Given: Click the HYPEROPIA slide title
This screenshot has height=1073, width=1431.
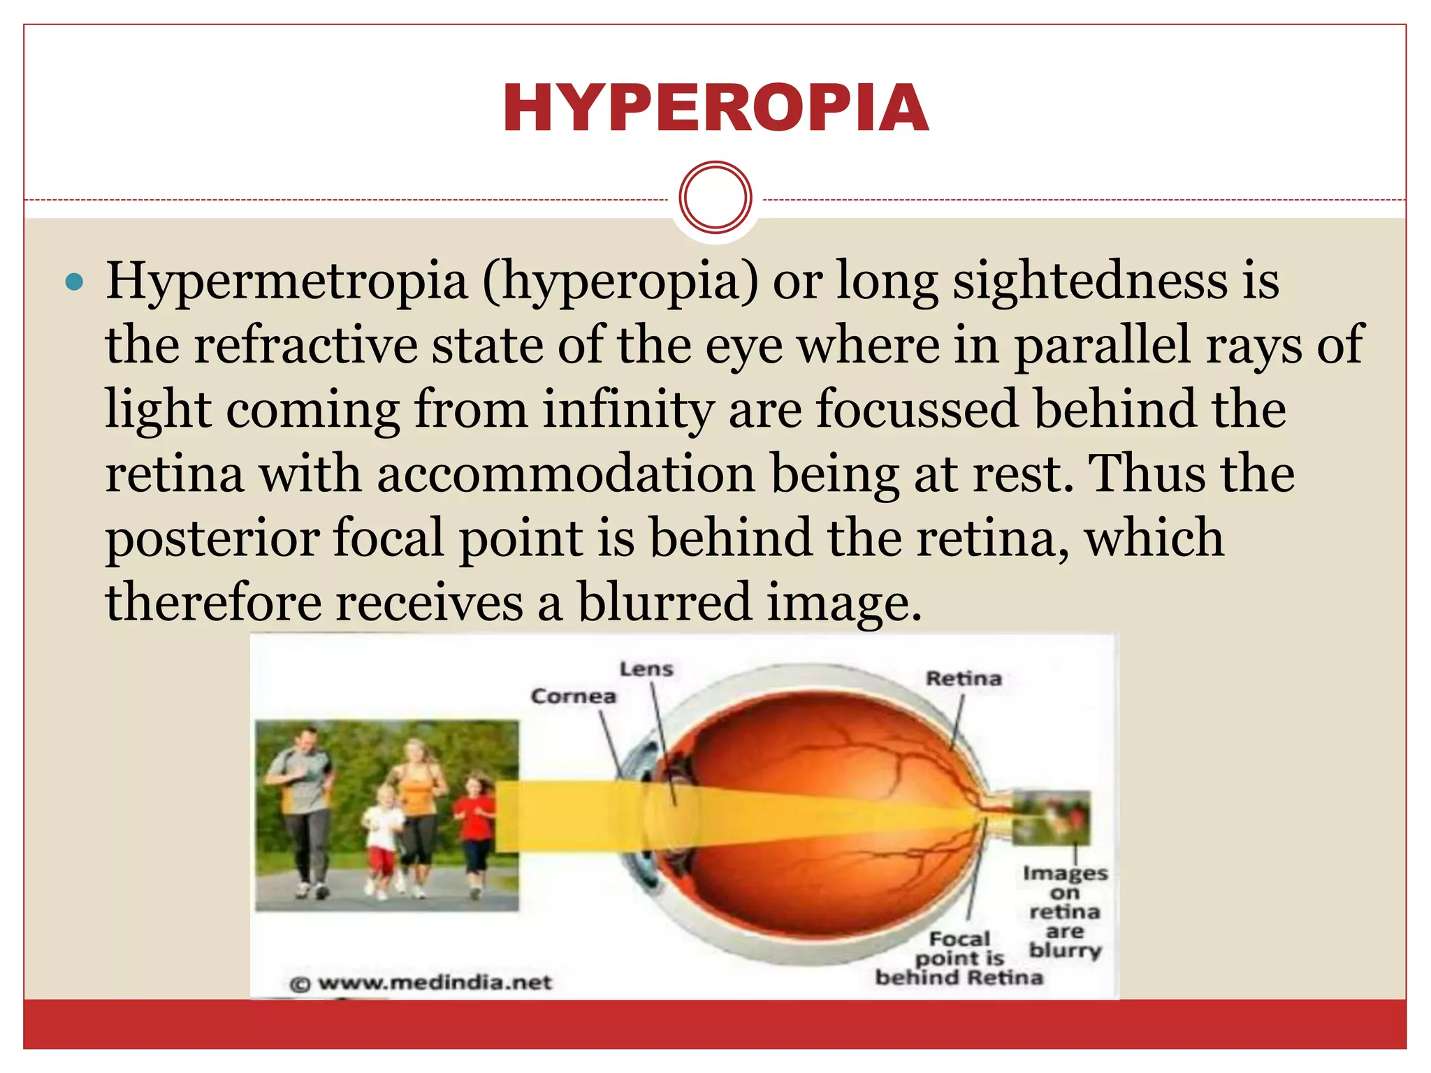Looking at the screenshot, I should [715, 108].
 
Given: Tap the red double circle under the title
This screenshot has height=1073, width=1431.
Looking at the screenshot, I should [715, 197].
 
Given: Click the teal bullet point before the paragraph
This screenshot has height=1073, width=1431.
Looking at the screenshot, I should [73, 282].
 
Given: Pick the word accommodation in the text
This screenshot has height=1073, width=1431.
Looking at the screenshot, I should [567, 474].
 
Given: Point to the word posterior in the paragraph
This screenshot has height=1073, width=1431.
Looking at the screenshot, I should [212, 539].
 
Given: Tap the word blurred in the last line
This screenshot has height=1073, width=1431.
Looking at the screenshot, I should [664, 602].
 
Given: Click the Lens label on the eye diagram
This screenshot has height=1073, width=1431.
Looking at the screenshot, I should [646, 669].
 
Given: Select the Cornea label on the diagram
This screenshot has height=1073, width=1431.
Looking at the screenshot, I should [574, 696].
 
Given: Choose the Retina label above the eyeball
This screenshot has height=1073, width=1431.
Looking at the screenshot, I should [964, 678].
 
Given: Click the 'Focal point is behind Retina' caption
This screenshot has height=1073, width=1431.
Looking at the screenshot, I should [959, 958].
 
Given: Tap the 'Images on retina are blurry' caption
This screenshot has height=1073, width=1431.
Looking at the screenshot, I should [1065, 912].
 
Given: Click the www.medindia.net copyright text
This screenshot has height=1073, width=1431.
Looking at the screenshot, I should [421, 983].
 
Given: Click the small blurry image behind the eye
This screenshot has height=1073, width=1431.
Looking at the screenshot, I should [1052, 817].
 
